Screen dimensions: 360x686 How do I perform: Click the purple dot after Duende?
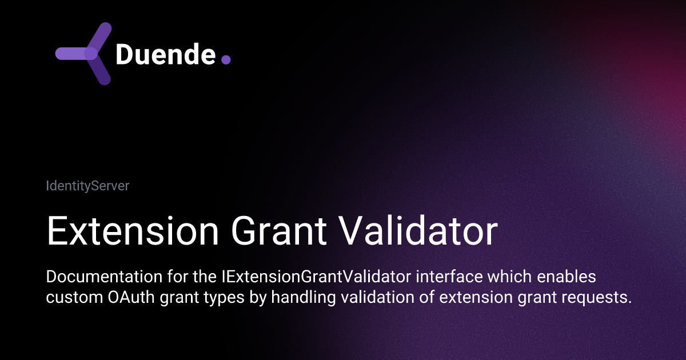tap(226, 59)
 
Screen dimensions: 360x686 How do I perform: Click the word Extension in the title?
tap(132, 232)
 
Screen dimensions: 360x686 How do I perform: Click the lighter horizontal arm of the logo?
tap(71, 53)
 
